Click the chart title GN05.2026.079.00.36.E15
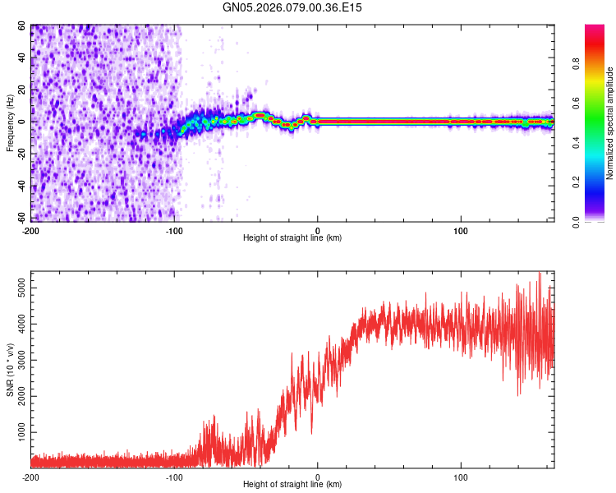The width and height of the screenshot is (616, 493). (292, 7)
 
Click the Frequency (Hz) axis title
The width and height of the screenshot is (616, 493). (10, 123)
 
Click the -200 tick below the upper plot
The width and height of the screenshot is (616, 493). (30, 229)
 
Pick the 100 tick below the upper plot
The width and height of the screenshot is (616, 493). (461, 229)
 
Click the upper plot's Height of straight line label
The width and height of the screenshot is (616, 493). (292, 238)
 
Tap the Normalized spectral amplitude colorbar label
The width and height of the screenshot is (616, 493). (609, 123)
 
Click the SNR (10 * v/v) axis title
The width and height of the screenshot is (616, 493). (10, 370)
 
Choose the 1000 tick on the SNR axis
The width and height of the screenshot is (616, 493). (18, 432)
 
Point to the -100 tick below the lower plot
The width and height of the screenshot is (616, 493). (174, 477)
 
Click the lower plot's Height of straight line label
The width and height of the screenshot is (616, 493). (292, 486)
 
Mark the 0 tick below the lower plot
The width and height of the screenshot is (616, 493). (318, 477)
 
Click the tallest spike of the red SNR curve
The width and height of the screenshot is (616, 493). (540, 274)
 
